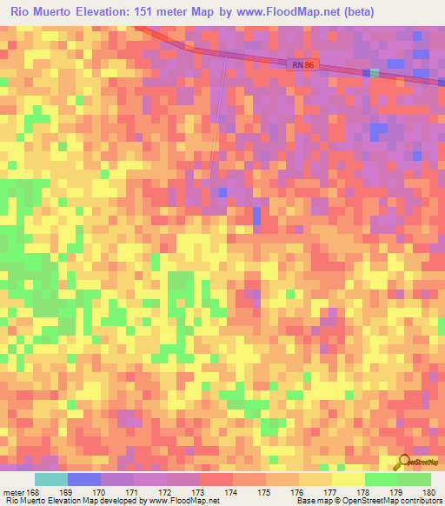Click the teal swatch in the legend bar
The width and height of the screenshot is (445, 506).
50,479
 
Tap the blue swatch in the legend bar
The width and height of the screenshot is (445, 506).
83,479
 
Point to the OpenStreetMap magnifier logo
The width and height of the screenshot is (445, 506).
402,462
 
